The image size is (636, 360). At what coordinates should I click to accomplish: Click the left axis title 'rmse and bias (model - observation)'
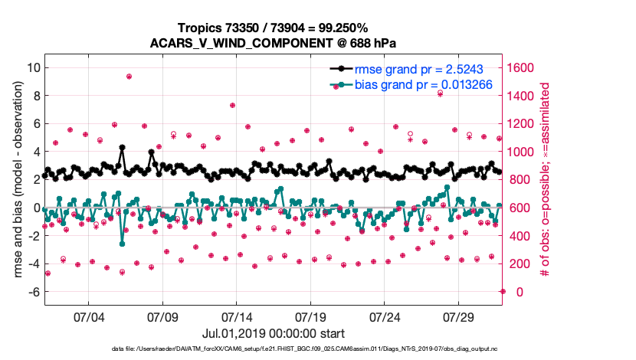click(x=15, y=179)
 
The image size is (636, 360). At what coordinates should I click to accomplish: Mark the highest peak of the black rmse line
click(x=122, y=147)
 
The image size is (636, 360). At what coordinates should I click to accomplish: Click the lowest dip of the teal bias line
click(x=122, y=244)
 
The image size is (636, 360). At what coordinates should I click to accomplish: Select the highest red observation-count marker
click(x=129, y=77)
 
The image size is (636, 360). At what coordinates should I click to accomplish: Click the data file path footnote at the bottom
click(x=273, y=349)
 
